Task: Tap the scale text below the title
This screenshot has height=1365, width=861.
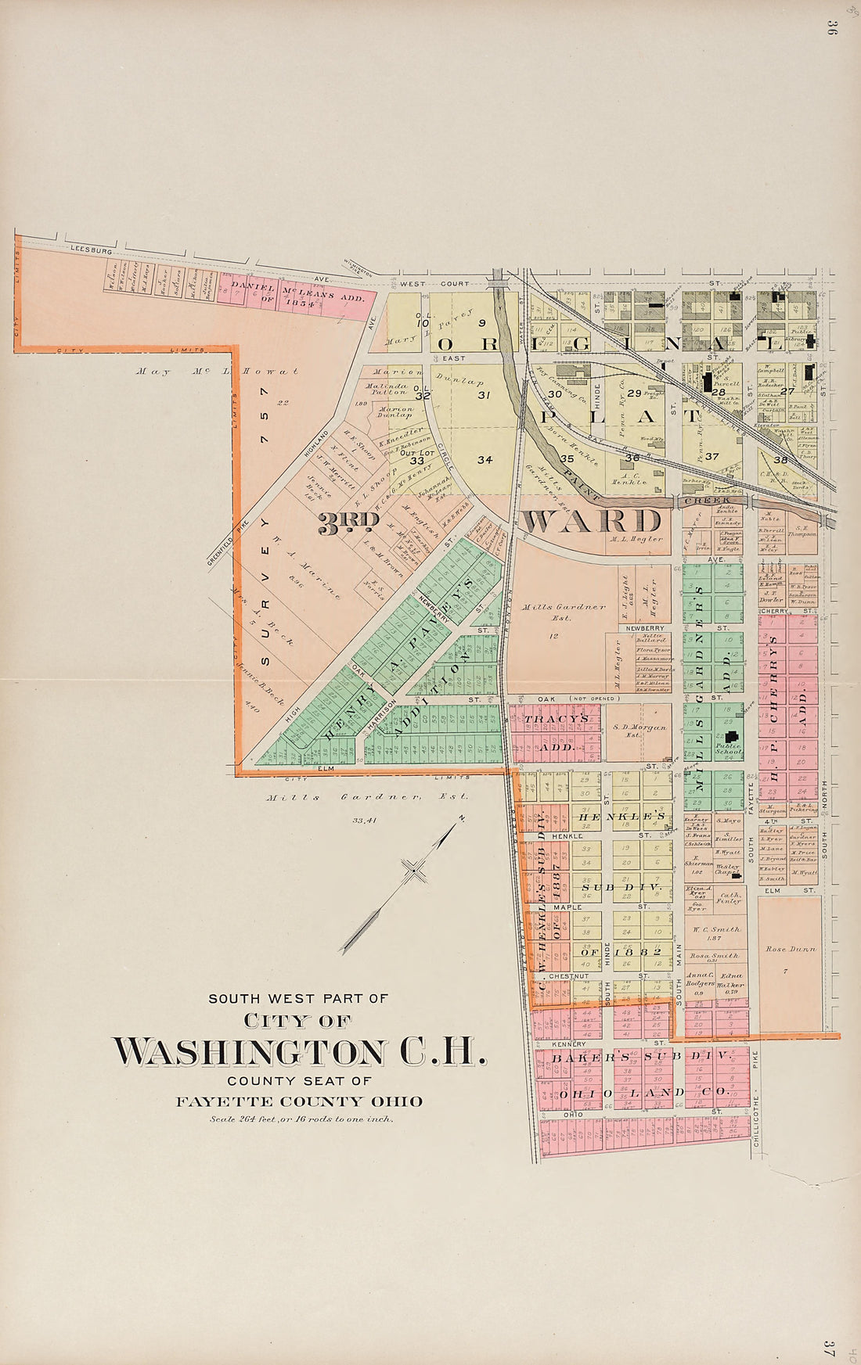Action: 301,1119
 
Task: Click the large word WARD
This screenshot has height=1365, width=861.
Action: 593,521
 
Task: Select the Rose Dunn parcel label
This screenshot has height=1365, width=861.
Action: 790,949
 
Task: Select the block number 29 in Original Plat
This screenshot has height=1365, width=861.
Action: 634,393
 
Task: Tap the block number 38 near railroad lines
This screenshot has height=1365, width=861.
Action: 780,460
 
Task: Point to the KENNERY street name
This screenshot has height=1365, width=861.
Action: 568,1044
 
